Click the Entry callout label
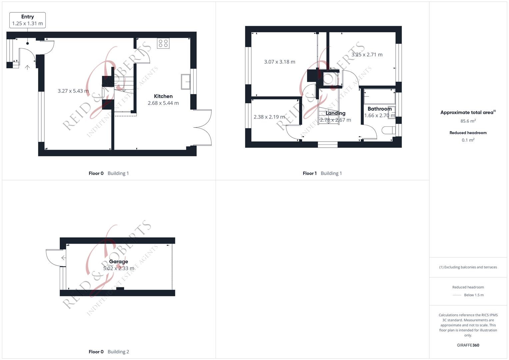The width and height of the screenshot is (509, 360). point(27,20)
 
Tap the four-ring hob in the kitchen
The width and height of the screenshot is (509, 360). point(163,43)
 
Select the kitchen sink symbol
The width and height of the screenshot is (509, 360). point(186,82)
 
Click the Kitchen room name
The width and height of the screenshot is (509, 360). point(163,96)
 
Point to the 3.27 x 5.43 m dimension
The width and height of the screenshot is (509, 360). point(73,91)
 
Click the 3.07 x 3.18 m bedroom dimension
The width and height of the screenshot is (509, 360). point(279,62)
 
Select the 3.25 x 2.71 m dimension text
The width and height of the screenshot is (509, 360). point(367,55)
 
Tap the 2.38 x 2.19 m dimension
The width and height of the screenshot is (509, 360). point(269,117)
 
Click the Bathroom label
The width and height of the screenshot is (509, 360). point(379,109)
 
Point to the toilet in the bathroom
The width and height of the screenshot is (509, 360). point(389,130)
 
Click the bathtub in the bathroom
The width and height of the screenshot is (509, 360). point(379,96)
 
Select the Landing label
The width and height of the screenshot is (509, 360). point(335,113)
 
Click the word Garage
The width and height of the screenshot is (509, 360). point(118,261)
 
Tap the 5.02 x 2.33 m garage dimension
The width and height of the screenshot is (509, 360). point(119,268)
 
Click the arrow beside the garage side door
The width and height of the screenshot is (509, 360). point(64,258)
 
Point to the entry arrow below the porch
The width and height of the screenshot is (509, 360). point(27,67)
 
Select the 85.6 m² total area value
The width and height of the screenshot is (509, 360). point(468,121)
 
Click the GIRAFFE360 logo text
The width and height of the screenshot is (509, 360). point(468,345)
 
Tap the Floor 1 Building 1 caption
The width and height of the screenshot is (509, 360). point(322,173)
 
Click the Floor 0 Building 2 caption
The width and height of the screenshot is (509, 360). point(109,352)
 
